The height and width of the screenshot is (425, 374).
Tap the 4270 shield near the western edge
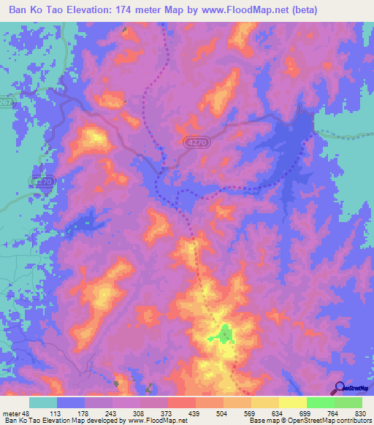click(x=42, y=180)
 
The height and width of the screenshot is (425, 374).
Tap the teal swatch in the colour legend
click(x=43, y=402)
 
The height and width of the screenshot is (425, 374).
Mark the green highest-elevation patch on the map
click(x=222, y=334)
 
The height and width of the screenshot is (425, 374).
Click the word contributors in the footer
click(x=351, y=421)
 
